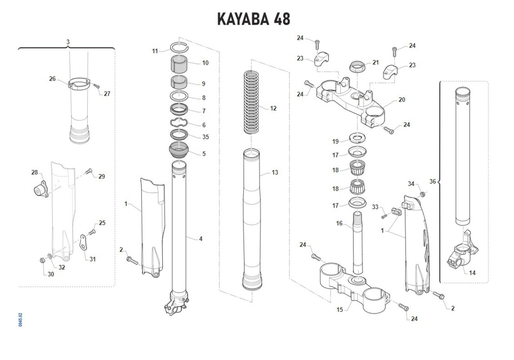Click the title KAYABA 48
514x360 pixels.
254,19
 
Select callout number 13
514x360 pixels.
275,173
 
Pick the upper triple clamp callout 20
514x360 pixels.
401,100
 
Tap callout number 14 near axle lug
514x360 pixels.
472,273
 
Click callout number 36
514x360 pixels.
432,182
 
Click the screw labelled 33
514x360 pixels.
384,216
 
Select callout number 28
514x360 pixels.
35,173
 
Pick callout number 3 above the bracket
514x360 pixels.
68,42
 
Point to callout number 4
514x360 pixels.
200,239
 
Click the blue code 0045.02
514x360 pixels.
21,320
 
